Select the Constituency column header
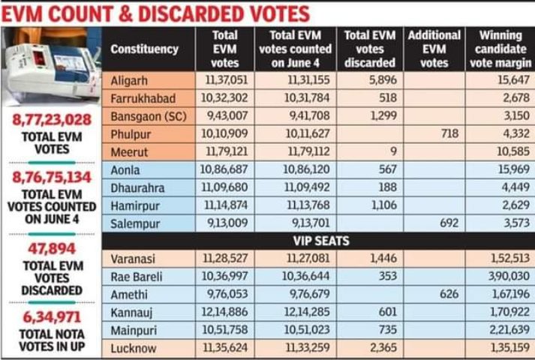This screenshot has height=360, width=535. pyautogui.click(x=144, y=49)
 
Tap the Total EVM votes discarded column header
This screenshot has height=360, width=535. pyautogui.click(x=369, y=49)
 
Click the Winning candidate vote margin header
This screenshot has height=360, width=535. pyautogui.click(x=499, y=49)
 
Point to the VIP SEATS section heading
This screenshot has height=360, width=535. pyautogui.click(x=317, y=242)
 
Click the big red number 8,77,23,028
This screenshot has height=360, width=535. pyautogui.click(x=51, y=120)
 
